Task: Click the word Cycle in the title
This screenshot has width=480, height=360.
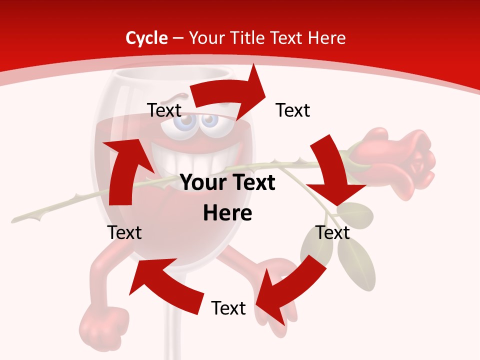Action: (x=146, y=38)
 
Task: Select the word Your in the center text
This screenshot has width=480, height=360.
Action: (x=204, y=183)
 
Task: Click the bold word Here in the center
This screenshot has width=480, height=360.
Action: (x=227, y=213)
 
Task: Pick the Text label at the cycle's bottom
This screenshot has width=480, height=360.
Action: (x=228, y=308)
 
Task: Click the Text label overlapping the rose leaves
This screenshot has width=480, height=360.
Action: (x=333, y=232)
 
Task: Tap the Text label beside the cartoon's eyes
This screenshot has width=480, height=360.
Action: (x=164, y=110)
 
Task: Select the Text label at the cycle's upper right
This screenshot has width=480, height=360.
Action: (x=293, y=110)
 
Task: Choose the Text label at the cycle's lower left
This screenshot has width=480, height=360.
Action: (x=124, y=232)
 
